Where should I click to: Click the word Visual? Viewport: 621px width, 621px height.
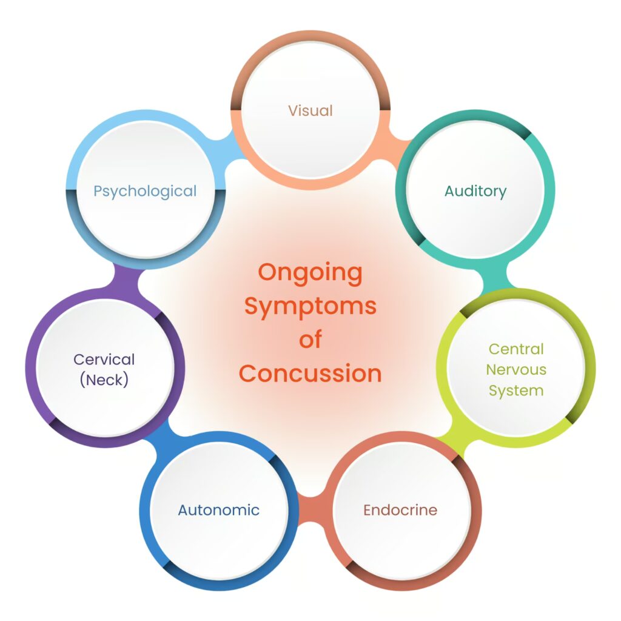(x=310, y=111)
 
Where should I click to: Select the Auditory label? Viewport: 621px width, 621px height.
(x=475, y=192)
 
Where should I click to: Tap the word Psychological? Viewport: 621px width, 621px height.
(x=145, y=192)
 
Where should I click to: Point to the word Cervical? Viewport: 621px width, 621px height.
(x=104, y=359)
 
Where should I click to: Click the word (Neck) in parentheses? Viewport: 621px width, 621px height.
(x=104, y=380)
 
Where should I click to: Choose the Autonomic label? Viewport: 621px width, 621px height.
(x=218, y=510)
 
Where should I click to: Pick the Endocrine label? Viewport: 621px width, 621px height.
(x=400, y=510)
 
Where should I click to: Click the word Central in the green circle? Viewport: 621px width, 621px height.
(x=516, y=349)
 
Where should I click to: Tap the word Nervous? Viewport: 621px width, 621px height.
(x=516, y=370)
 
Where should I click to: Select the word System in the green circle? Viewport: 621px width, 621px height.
(x=516, y=391)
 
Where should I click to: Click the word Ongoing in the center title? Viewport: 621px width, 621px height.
(x=310, y=272)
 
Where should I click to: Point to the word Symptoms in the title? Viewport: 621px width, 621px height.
(x=310, y=306)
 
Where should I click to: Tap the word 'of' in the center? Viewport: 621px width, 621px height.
(x=310, y=340)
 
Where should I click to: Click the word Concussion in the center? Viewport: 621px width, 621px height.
(x=310, y=373)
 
